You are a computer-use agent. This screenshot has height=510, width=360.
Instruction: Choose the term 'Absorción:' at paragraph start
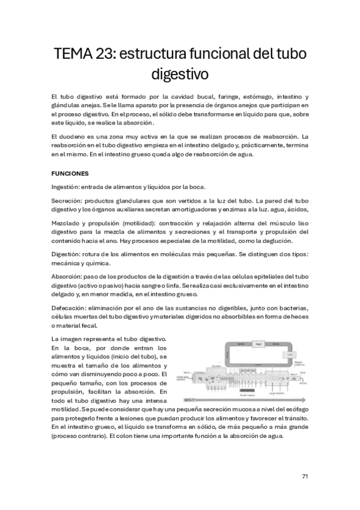(x=68, y=276)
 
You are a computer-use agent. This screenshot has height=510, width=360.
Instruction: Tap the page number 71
(x=305, y=476)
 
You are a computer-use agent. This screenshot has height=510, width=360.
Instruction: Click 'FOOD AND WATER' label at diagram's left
(x=181, y=379)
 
